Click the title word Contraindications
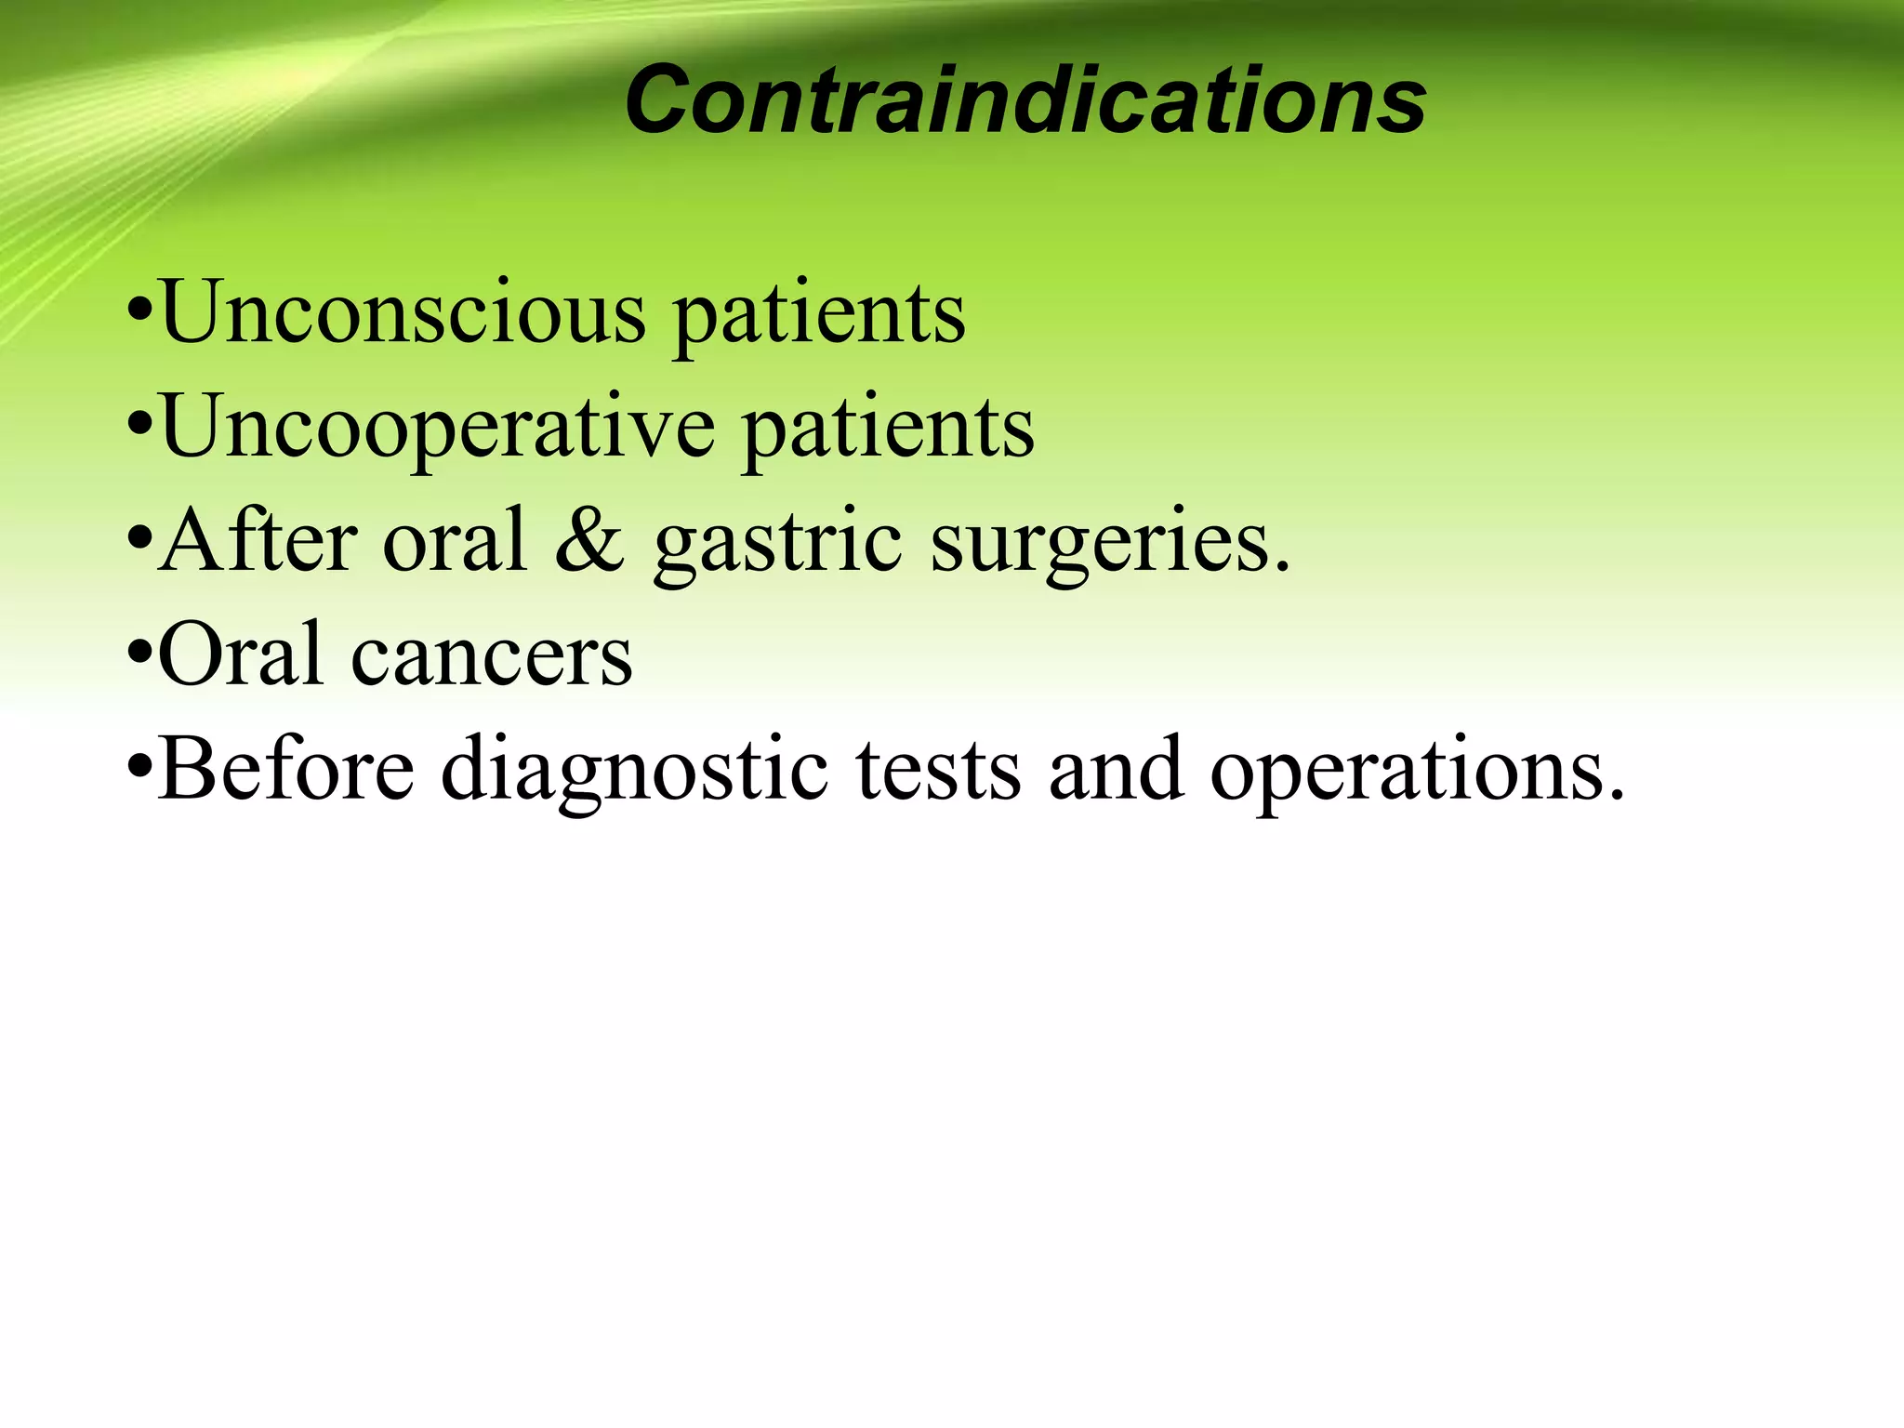(1025, 100)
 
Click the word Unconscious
(403, 312)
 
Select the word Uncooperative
(437, 427)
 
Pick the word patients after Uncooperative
(888, 429)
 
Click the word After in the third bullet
(258, 540)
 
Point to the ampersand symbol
(589, 541)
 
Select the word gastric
(777, 544)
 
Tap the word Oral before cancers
(241, 654)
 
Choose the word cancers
(492, 658)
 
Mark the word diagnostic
(634, 772)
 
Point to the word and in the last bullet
(1116, 770)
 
